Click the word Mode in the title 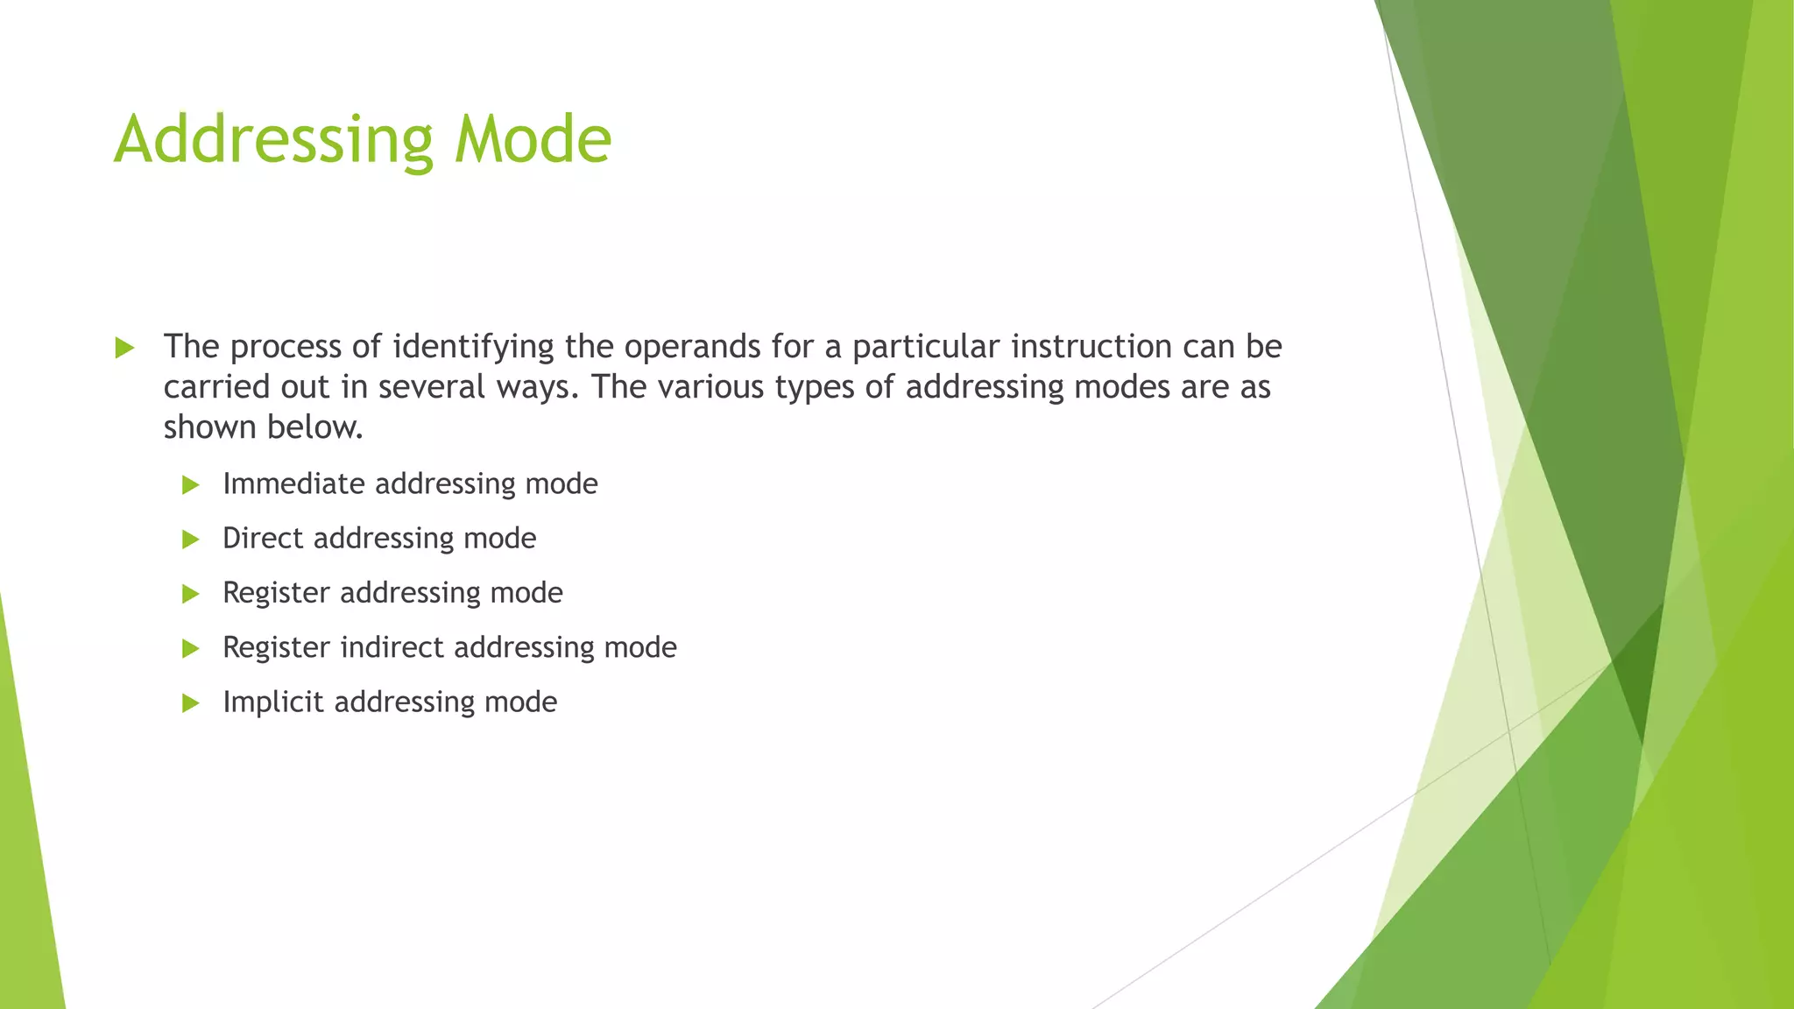[533, 140]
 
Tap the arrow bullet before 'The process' [124, 349]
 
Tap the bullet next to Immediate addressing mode [191, 485]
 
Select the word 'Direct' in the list [263, 538]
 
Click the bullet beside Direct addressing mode [191, 540]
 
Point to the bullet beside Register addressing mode [191, 595]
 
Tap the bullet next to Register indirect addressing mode [191, 649]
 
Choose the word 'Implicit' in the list [272, 702]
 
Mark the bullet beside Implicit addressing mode [191, 703]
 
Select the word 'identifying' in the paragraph [473, 348]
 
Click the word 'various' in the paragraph [710, 387]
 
